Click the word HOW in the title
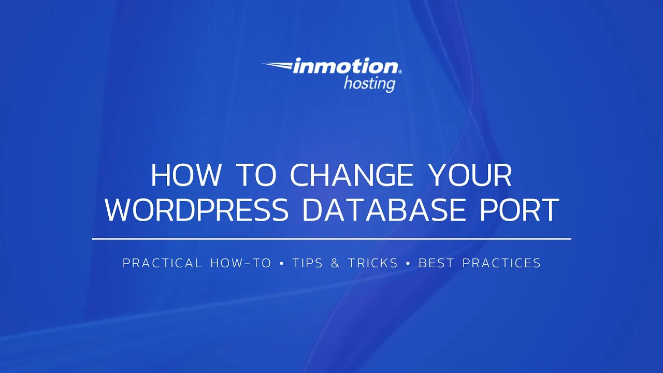(185, 175)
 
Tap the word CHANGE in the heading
(352, 175)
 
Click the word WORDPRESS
(197, 210)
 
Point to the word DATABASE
(382, 210)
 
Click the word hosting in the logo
(369, 83)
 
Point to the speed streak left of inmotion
(277, 65)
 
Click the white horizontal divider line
(331, 239)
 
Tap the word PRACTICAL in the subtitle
(162, 263)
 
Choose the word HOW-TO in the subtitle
(241, 263)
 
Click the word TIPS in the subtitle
(308, 263)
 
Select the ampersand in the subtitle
(335, 263)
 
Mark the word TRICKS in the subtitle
(373, 263)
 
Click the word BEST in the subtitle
(437, 263)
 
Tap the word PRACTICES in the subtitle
(501, 263)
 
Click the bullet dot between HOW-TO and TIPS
(282, 264)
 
